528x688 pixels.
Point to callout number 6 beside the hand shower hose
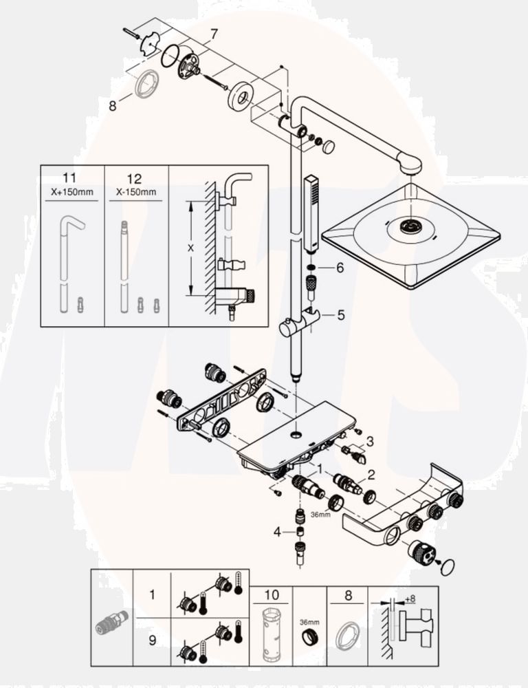click(339, 268)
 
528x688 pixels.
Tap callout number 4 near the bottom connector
click(278, 531)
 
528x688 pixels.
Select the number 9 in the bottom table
click(152, 638)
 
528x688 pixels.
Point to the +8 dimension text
click(410, 599)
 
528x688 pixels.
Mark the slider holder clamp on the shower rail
click(298, 323)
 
